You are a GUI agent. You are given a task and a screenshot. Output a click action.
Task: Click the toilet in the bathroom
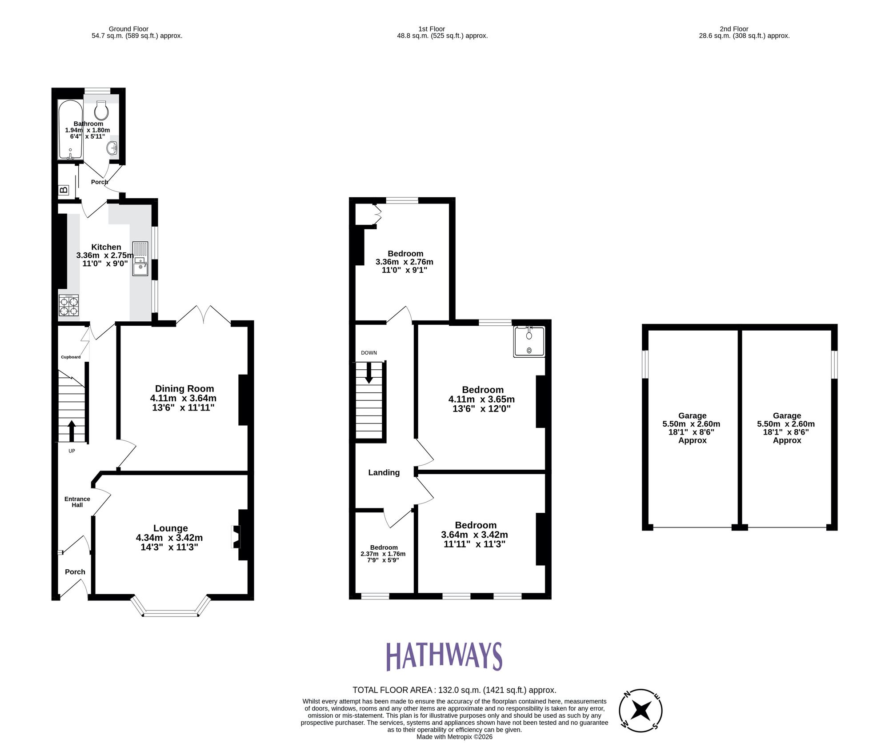[101, 109]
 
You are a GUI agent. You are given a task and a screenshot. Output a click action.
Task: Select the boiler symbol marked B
[64, 190]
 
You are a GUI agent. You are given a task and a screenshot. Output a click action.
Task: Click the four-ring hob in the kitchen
[69, 306]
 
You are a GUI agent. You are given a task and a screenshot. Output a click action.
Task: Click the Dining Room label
[184, 389]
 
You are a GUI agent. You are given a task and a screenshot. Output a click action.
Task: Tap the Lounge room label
[171, 528]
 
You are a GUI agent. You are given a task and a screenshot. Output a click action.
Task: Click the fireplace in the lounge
[236, 537]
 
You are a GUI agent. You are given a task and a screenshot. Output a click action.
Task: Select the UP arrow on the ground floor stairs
[72, 430]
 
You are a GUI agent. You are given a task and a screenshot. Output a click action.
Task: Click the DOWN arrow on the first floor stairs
[369, 373]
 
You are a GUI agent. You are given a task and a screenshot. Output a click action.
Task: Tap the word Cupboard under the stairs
[71, 357]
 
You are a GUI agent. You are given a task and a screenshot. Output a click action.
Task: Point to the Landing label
[384, 473]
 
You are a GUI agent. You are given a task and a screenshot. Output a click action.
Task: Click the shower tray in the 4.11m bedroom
[529, 341]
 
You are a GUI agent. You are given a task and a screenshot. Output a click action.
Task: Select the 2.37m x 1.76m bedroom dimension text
[383, 554]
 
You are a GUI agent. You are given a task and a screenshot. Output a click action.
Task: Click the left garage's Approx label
[692, 440]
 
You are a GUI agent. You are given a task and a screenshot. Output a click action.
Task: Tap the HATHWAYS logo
[444, 656]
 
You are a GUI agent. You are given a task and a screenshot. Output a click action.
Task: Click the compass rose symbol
[641, 710]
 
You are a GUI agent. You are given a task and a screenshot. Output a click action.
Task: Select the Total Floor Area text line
[454, 690]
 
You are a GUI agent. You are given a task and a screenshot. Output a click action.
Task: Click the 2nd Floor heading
[734, 29]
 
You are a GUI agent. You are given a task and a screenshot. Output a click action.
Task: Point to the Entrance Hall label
[77, 502]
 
